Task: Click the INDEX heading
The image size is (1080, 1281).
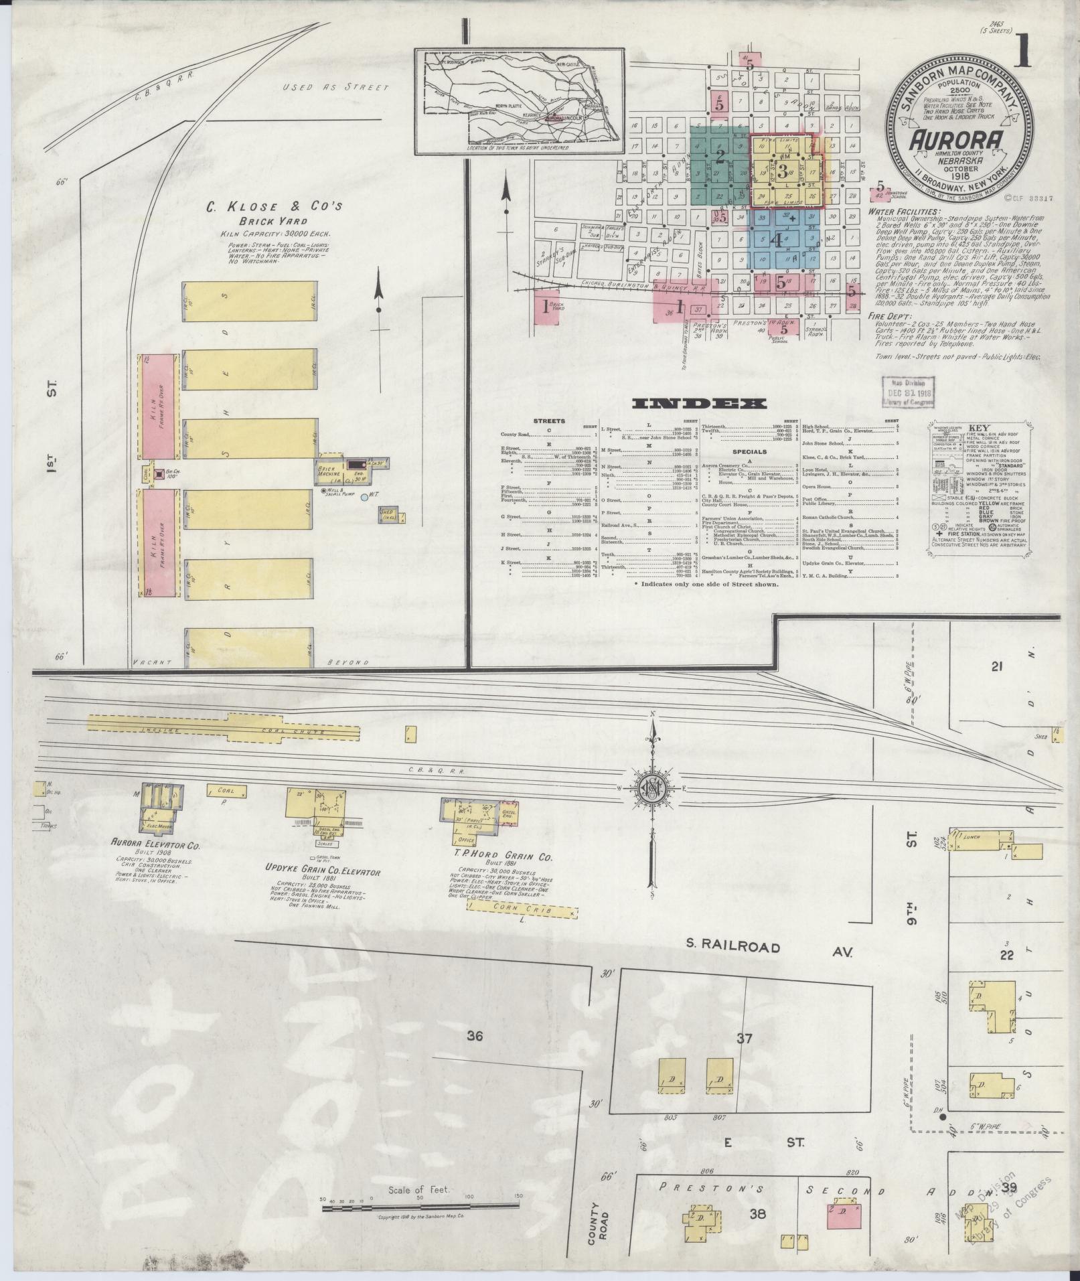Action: pos(699,403)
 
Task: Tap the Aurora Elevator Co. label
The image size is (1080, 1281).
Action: pos(155,846)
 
